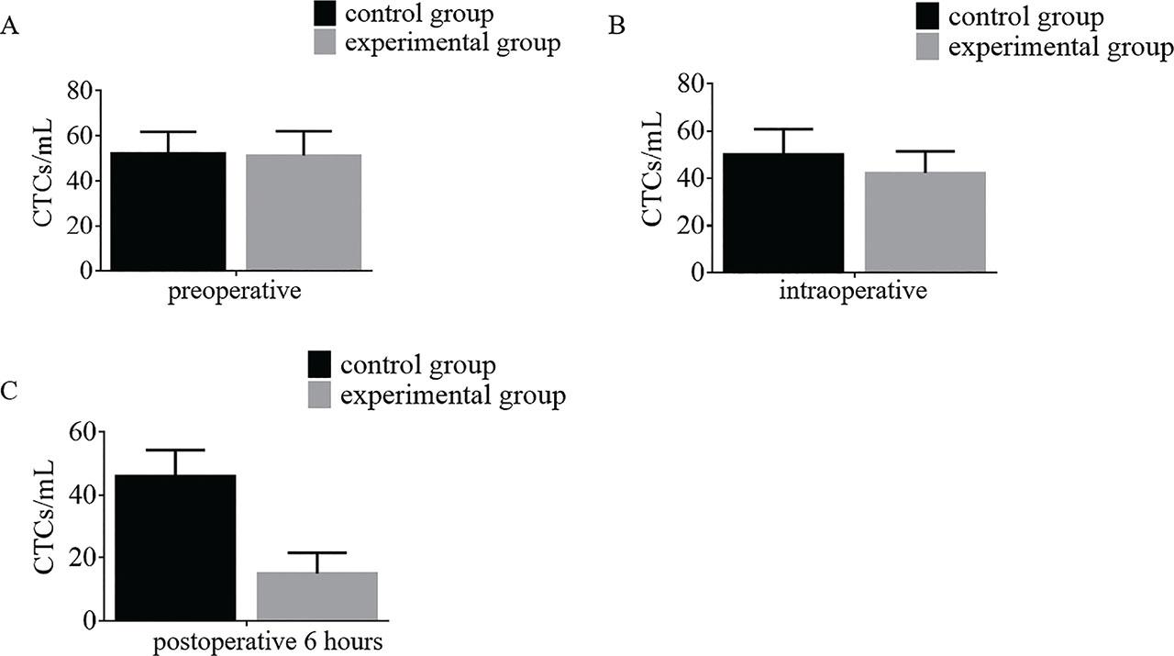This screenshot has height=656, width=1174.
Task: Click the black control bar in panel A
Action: (169, 211)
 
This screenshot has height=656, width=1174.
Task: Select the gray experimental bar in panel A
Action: (304, 212)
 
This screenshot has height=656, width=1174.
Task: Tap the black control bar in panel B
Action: (783, 213)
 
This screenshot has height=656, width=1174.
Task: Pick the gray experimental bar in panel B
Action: (925, 222)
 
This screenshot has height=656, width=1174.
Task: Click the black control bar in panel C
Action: (178, 548)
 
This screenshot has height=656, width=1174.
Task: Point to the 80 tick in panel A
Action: (81, 91)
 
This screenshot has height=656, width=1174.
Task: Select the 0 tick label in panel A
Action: (87, 272)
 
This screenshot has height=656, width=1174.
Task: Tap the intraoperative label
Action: (853, 293)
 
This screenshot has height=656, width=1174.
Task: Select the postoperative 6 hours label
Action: (267, 641)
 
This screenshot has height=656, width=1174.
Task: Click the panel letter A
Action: (11, 28)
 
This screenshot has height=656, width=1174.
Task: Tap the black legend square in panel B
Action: (929, 17)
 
